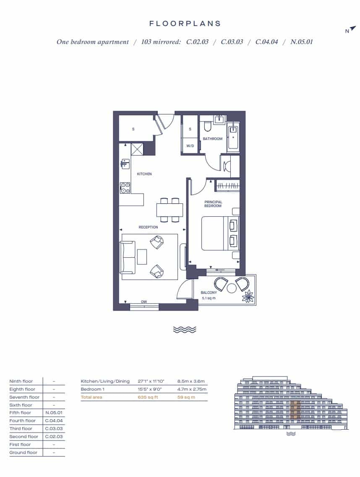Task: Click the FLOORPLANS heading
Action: click(185, 23)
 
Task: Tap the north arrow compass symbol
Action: click(352, 28)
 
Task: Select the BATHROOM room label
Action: click(213, 139)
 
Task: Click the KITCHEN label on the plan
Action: click(144, 174)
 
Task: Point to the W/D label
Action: click(190, 146)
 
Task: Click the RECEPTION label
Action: click(149, 227)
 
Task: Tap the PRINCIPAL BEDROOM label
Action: click(213, 204)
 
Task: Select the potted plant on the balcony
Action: click(248, 296)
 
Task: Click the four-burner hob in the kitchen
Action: click(125, 188)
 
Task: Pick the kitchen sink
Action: click(125, 164)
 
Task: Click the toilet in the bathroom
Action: click(208, 126)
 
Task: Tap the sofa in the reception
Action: click(128, 257)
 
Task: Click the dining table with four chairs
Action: click(170, 210)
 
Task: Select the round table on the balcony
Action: click(232, 288)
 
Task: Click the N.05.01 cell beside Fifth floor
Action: click(54, 413)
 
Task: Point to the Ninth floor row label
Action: click(21, 381)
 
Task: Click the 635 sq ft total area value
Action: click(148, 397)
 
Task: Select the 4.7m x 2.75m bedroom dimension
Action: click(192, 389)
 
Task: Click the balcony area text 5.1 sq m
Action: click(209, 298)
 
